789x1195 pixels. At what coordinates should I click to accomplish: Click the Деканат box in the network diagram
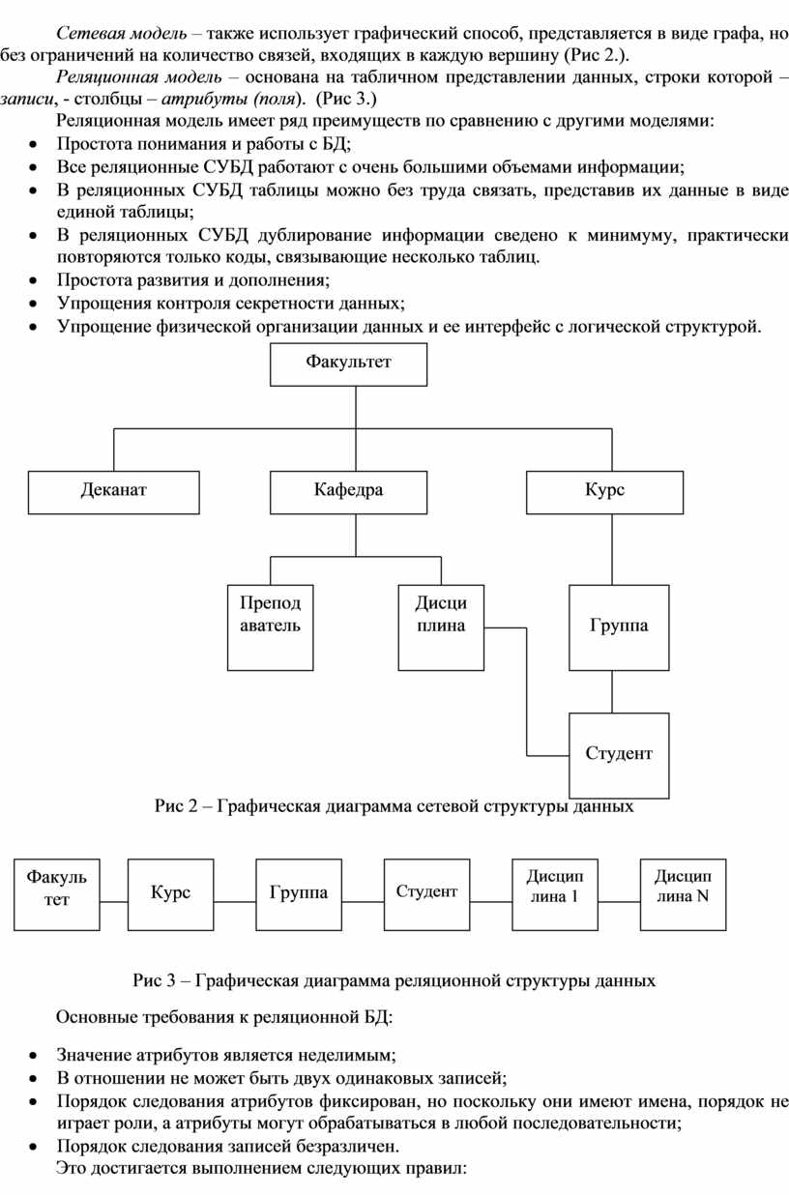coord(114,492)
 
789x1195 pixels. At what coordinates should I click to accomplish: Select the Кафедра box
coord(348,492)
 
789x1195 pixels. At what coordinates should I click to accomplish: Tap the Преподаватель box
coord(271,627)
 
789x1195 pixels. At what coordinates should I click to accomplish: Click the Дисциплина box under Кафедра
coord(441,627)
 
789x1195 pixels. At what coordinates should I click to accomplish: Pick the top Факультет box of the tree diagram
coord(348,364)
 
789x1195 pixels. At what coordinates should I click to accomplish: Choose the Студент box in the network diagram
coord(619,755)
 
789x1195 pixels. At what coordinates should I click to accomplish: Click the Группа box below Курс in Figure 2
coord(619,627)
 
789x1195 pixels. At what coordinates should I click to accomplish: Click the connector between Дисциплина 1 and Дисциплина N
coord(619,902)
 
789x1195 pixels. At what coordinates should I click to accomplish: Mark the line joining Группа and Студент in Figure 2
coord(612,691)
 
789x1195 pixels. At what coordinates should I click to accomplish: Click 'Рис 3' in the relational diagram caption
coord(154,980)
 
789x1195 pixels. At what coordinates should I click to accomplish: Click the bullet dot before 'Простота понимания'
coord(33,145)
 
